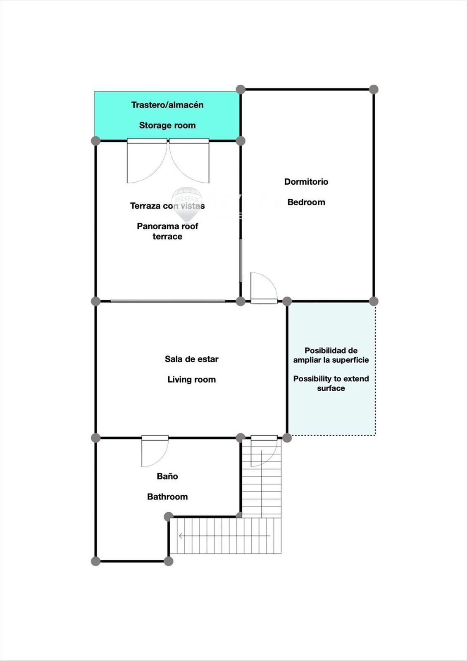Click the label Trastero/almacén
point(167,105)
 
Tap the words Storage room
point(167,126)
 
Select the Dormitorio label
point(306,181)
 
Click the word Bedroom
point(306,202)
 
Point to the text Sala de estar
point(192,359)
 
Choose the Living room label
point(192,380)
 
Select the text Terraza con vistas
point(167,206)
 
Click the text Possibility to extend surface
point(331,383)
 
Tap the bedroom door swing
point(264,288)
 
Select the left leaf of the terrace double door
point(147,161)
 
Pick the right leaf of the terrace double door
point(189,161)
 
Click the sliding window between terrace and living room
point(168,301)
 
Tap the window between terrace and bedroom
point(241,261)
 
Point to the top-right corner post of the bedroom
point(374,89)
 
